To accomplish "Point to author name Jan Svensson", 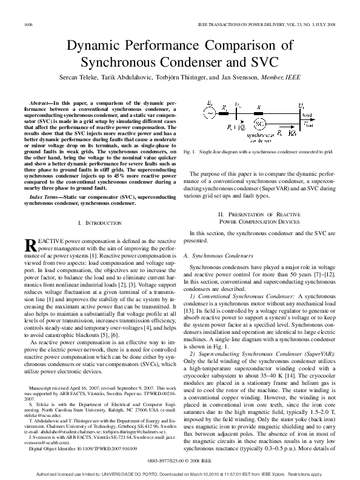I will (x=239, y=78).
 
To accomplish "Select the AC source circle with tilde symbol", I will (x=210, y=113).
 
